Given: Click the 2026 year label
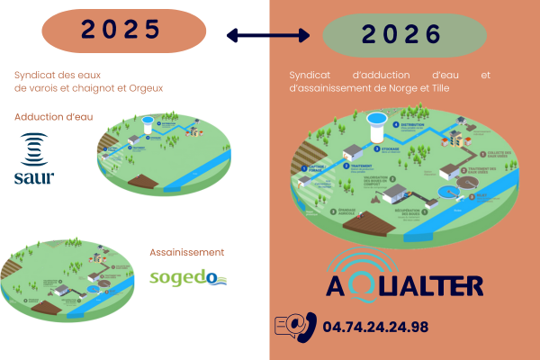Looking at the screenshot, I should pyautogui.click(x=402, y=35).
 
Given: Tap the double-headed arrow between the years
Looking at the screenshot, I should pyautogui.click(x=267, y=35).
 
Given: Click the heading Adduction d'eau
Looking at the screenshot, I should pyautogui.click(x=53, y=117).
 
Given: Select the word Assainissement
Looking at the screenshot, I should pyautogui.click(x=186, y=253).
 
